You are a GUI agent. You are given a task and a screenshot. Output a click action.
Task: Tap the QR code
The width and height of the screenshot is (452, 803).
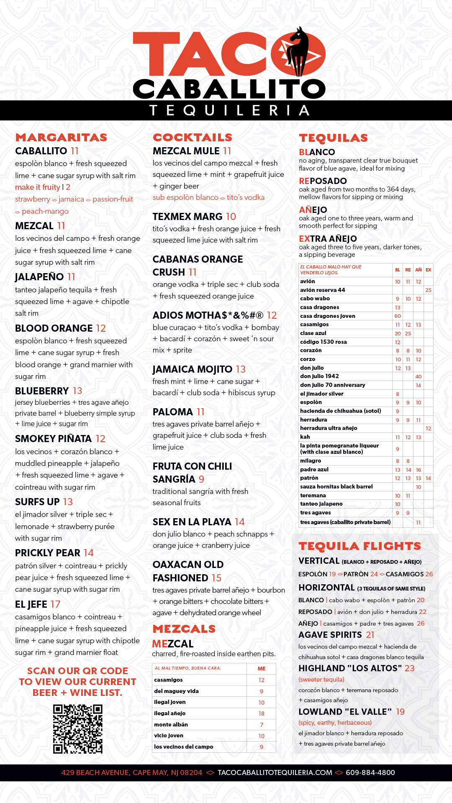[78, 729]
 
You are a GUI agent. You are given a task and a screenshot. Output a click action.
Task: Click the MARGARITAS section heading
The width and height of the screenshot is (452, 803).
[61, 137]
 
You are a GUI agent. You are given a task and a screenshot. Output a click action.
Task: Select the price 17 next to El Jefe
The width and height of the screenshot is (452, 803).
[55, 604]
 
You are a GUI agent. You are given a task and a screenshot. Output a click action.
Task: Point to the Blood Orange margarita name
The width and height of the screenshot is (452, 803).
[54, 328]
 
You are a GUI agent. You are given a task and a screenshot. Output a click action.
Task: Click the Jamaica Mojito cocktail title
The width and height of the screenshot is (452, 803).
[192, 369]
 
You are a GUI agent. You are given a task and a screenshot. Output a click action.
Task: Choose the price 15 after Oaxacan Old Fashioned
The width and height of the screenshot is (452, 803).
[216, 578]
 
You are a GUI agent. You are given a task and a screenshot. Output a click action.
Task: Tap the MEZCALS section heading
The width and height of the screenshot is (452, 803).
[184, 629]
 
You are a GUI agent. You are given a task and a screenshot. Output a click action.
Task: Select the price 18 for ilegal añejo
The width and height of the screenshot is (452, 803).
[261, 713]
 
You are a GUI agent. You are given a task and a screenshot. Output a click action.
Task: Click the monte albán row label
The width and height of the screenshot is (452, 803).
[171, 724]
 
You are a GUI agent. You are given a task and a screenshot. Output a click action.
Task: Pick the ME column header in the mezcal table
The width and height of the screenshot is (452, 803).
[261, 669]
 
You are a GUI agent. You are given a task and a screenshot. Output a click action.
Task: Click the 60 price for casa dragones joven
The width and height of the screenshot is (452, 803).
[398, 316]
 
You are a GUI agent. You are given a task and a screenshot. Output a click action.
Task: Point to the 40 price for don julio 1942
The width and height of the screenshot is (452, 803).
[418, 376]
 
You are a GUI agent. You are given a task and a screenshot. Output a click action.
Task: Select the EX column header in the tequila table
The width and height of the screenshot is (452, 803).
[428, 270]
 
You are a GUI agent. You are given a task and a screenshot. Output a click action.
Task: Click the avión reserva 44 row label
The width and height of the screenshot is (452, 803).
[322, 290]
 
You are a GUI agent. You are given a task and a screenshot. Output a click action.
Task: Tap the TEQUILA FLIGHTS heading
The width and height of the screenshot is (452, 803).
[360, 546]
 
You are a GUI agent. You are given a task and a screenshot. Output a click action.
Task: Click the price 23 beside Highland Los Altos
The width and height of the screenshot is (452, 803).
[409, 668]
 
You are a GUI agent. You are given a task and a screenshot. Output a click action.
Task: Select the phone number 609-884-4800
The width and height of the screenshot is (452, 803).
[370, 772]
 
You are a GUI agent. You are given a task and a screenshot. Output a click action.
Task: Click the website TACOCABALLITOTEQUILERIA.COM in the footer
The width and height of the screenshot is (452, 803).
[275, 772]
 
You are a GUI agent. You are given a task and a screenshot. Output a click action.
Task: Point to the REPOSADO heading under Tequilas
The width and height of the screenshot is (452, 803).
[323, 181]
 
